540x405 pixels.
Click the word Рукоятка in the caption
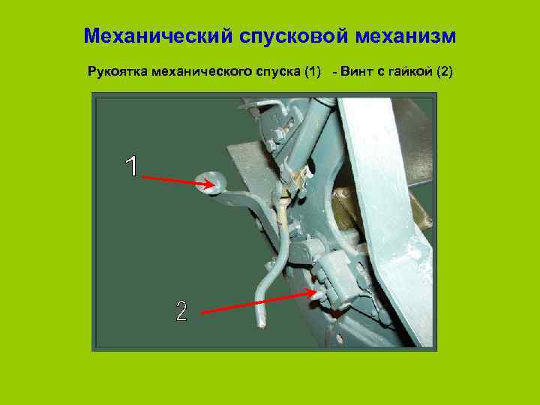118,73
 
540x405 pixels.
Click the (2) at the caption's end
442,73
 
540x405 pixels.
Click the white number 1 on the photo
132,166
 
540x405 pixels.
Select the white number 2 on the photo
181,310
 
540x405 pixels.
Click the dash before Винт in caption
334,73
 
